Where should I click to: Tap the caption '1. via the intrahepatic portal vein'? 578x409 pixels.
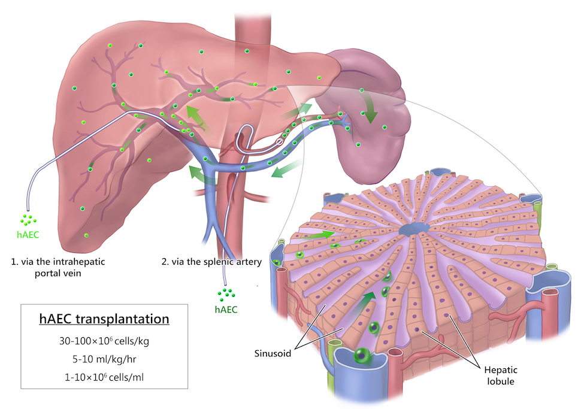coord(53,268)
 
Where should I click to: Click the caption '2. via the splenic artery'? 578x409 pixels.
coord(212,262)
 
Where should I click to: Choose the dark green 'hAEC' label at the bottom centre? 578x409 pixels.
coord(226,310)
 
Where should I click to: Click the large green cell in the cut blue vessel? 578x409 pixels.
coord(361,355)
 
